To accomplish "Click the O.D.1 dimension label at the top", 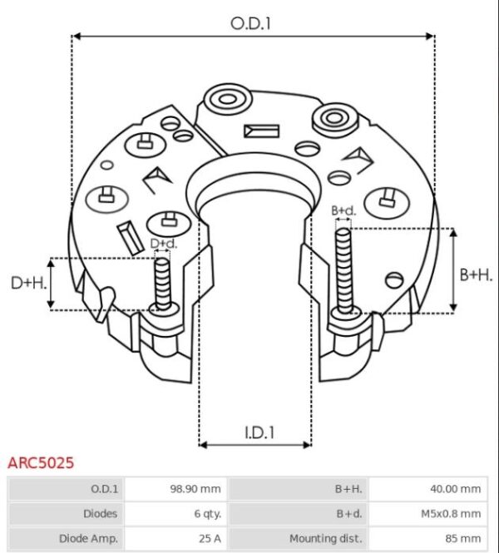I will coord(251,23).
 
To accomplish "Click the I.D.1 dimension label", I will coord(259,432).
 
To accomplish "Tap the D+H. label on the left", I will coord(27,284).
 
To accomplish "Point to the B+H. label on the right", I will coord(476,275).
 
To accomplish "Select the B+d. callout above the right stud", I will coord(343,211).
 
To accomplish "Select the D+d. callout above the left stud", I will coord(163,244).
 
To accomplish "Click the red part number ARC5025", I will coord(40,462).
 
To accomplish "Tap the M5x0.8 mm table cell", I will coord(453,514).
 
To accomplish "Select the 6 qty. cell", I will coord(205,514).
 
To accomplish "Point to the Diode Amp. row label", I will coord(88,538).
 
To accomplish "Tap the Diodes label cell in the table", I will coord(100,514).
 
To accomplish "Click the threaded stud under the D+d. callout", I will coord(163,283).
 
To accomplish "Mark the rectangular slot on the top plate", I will coord(262,131).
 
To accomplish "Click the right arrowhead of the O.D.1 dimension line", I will coord(430,37).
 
